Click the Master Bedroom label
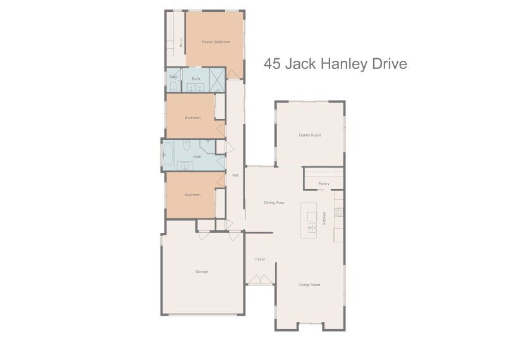point(215,42)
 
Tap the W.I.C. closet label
point(181,44)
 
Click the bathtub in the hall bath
point(169,154)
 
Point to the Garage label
point(201,271)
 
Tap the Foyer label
point(260,259)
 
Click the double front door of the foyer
point(260,280)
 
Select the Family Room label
point(309,135)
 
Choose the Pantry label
point(324,183)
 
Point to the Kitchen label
point(324,218)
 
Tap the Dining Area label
point(274,202)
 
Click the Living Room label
point(309,285)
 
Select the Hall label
point(235,175)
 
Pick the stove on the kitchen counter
point(338,211)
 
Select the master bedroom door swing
point(233,75)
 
